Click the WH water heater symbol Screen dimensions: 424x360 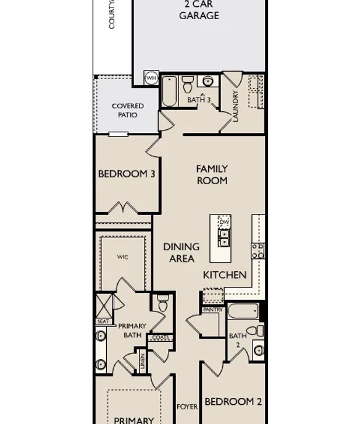tap(151, 78)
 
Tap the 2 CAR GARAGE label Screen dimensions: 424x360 tap(199, 10)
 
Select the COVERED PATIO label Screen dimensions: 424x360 tap(127, 110)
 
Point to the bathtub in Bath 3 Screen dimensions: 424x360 tap(170, 91)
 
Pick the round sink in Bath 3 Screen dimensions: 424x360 tap(207, 81)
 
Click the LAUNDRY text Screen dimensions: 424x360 tap(235, 106)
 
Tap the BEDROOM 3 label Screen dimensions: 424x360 tap(127, 174)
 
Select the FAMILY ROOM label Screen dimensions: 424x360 tap(212, 174)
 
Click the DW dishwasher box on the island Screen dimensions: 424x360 tap(224, 221)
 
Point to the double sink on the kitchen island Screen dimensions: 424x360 tap(224, 238)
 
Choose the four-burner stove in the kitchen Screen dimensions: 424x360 tap(258, 250)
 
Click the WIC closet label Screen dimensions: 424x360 tap(123, 257)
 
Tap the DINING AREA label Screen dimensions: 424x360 tap(182, 253)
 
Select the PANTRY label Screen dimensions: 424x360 tap(213, 310)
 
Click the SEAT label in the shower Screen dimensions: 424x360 tap(103, 321)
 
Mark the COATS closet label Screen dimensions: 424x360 tap(161, 337)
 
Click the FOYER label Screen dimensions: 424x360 tap(187, 407)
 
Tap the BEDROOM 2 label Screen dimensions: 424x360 tap(233, 402)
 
